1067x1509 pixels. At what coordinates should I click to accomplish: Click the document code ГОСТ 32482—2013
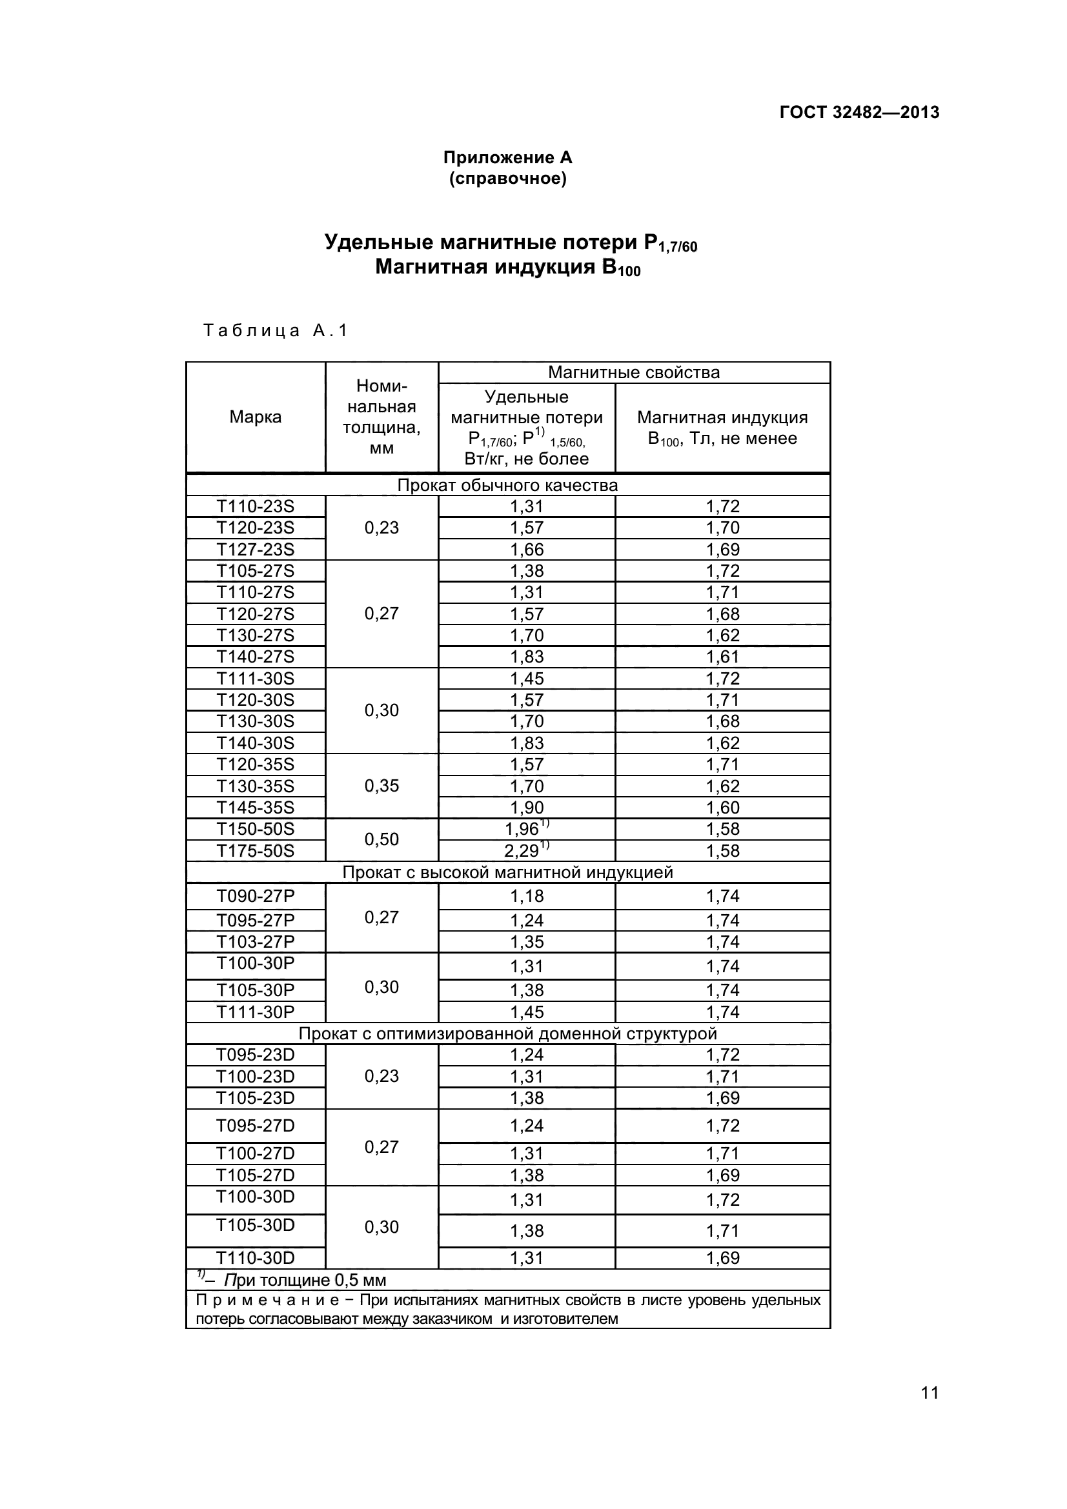point(859,112)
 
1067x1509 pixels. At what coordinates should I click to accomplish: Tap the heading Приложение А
point(507,157)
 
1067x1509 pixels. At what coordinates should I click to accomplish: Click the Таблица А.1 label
point(275,330)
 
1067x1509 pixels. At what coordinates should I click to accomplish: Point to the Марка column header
point(255,417)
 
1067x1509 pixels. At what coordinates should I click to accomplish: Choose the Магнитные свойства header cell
point(634,373)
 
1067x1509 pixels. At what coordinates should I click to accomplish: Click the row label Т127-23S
point(255,550)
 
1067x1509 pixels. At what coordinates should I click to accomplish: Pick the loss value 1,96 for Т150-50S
point(526,829)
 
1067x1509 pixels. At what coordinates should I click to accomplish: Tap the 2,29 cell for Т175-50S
point(526,851)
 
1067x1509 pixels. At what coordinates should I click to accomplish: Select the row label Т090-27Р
point(255,896)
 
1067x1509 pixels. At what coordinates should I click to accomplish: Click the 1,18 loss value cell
point(527,897)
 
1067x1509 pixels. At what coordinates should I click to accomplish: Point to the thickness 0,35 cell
point(381,786)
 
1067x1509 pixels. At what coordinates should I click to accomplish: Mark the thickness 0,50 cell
point(381,839)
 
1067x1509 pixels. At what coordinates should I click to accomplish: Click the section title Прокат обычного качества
point(507,486)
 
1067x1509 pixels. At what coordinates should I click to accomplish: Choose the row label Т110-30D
point(255,1258)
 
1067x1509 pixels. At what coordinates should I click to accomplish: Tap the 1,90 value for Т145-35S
point(527,808)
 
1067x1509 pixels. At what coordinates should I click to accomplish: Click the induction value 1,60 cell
point(722,808)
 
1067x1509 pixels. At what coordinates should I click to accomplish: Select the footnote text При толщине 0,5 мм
point(305,1280)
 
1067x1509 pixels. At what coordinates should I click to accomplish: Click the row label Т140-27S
point(255,657)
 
